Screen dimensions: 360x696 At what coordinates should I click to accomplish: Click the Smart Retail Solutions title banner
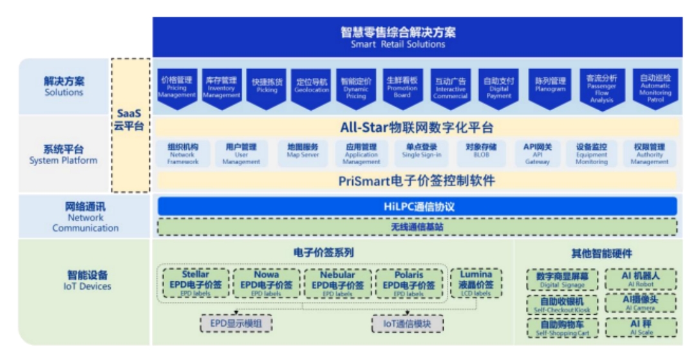[x=415, y=37]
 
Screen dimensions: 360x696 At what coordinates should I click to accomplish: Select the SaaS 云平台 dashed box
[x=129, y=126]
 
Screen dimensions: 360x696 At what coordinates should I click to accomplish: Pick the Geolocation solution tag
[x=312, y=88]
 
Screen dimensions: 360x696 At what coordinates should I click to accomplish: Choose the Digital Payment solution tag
[x=499, y=88]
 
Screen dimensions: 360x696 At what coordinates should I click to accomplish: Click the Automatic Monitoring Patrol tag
[x=655, y=88]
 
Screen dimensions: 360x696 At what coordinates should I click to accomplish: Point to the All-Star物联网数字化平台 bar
[x=417, y=128]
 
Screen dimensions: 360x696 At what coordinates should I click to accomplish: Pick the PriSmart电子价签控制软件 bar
[x=417, y=181]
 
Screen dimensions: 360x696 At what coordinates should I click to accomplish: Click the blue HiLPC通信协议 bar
[x=417, y=207]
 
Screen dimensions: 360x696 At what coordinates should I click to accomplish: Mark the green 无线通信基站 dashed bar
[x=417, y=227]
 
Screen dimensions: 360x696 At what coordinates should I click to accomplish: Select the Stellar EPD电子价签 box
[x=196, y=283]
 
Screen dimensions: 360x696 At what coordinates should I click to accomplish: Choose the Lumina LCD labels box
[x=476, y=283]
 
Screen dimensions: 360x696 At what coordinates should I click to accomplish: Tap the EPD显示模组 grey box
[x=236, y=323]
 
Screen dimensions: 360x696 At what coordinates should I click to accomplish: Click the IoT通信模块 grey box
[x=408, y=323]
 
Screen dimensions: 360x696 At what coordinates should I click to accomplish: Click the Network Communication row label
[x=85, y=217]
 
